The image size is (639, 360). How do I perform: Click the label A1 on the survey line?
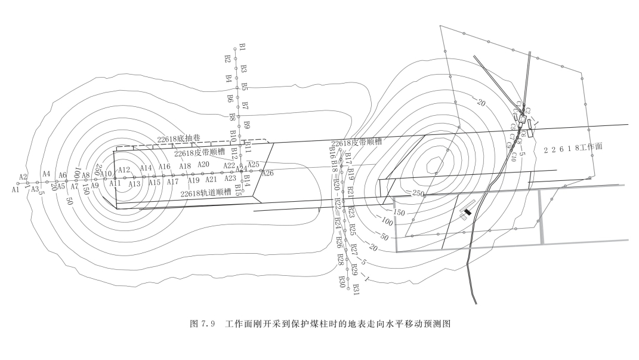pos(16,189)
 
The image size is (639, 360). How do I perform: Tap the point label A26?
pos(267,173)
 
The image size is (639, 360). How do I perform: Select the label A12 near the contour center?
pos(124,170)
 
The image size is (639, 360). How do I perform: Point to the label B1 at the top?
pos(242,47)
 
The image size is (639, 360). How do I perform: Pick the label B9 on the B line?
pos(246,124)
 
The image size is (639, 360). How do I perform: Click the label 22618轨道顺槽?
pos(206,193)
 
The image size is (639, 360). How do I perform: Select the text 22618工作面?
pos(573,149)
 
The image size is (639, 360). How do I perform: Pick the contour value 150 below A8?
pos(86,189)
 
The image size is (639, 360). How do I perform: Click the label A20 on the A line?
pos(203,164)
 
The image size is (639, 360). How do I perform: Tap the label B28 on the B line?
pos(340,260)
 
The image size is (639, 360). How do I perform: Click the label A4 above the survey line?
pos(46,174)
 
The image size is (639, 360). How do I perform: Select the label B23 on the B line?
pos(351,212)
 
